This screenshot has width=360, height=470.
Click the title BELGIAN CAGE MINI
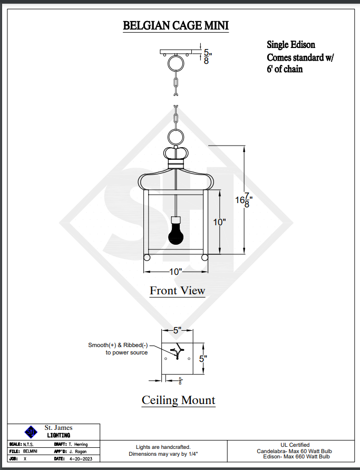click(176, 25)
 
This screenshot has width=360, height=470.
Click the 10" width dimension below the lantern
click(176, 272)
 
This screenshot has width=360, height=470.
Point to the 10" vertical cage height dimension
click(220, 222)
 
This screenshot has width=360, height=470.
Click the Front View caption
click(177, 291)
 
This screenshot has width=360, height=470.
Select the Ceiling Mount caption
click(179, 400)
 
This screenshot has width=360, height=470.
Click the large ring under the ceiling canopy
click(176, 63)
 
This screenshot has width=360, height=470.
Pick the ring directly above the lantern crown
click(176, 137)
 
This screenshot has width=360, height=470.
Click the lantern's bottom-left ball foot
click(147, 257)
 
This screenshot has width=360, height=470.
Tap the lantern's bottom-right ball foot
click(205, 257)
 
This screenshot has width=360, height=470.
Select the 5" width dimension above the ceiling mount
click(177, 330)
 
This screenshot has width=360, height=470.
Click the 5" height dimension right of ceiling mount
click(203, 359)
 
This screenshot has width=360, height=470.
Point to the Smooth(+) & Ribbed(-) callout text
click(118, 349)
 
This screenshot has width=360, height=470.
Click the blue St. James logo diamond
click(31, 432)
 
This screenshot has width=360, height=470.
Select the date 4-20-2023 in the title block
click(81, 459)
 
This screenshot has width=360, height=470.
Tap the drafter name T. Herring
click(78, 445)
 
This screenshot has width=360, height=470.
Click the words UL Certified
click(295, 445)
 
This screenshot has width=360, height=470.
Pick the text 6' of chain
click(285, 69)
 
